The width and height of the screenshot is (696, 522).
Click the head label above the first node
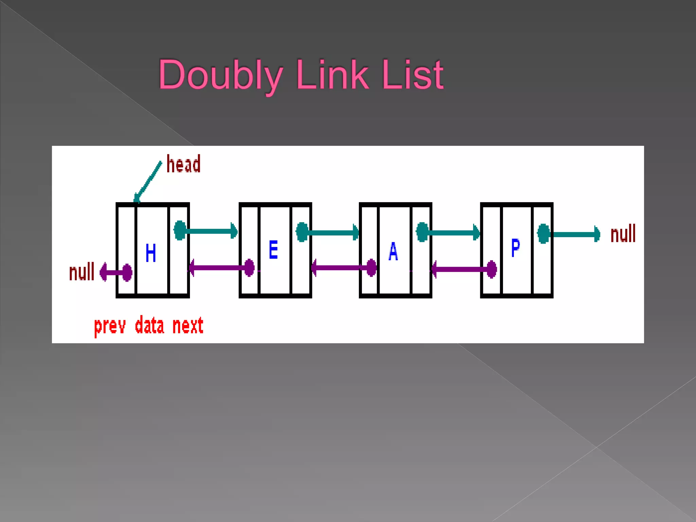[x=184, y=164]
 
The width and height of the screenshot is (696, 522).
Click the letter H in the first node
[x=151, y=253]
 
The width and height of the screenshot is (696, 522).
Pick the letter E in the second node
[x=273, y=250]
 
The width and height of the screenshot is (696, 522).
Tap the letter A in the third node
[x=393, y=251]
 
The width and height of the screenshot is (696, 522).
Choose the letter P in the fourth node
[x=515, y=248]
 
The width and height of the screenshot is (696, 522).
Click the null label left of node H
[x=82, y=272]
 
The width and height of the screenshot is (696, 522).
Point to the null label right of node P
[x=623, y=234]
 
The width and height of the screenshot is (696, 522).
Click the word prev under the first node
[x=110, y=326]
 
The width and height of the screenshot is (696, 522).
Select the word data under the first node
[x=150, y=326]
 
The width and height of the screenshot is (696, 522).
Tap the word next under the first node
[x=188, y=326]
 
